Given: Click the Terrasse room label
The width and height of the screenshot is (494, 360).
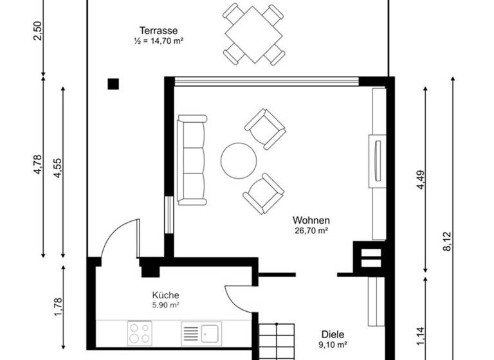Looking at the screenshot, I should [158, 30].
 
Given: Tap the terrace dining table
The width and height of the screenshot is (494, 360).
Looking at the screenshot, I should [254, 34].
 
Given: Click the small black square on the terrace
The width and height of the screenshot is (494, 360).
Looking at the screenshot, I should [113, 84].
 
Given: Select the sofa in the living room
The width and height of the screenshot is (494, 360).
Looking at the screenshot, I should [192, 160].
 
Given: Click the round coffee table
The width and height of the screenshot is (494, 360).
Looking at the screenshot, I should [239, 161].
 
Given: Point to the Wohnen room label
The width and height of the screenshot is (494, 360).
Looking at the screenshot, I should [311, 219].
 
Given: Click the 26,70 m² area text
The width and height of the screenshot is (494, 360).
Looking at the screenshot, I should [311, 230].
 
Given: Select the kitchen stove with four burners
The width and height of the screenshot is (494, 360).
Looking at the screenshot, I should [139, 333].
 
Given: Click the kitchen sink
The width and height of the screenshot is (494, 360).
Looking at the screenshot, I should [202, 334].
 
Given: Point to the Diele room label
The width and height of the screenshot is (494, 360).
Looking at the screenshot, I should [333, 334].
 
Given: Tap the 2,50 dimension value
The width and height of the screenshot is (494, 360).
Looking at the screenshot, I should [37, 30].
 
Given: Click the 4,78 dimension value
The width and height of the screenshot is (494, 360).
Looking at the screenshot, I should [37, 165].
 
